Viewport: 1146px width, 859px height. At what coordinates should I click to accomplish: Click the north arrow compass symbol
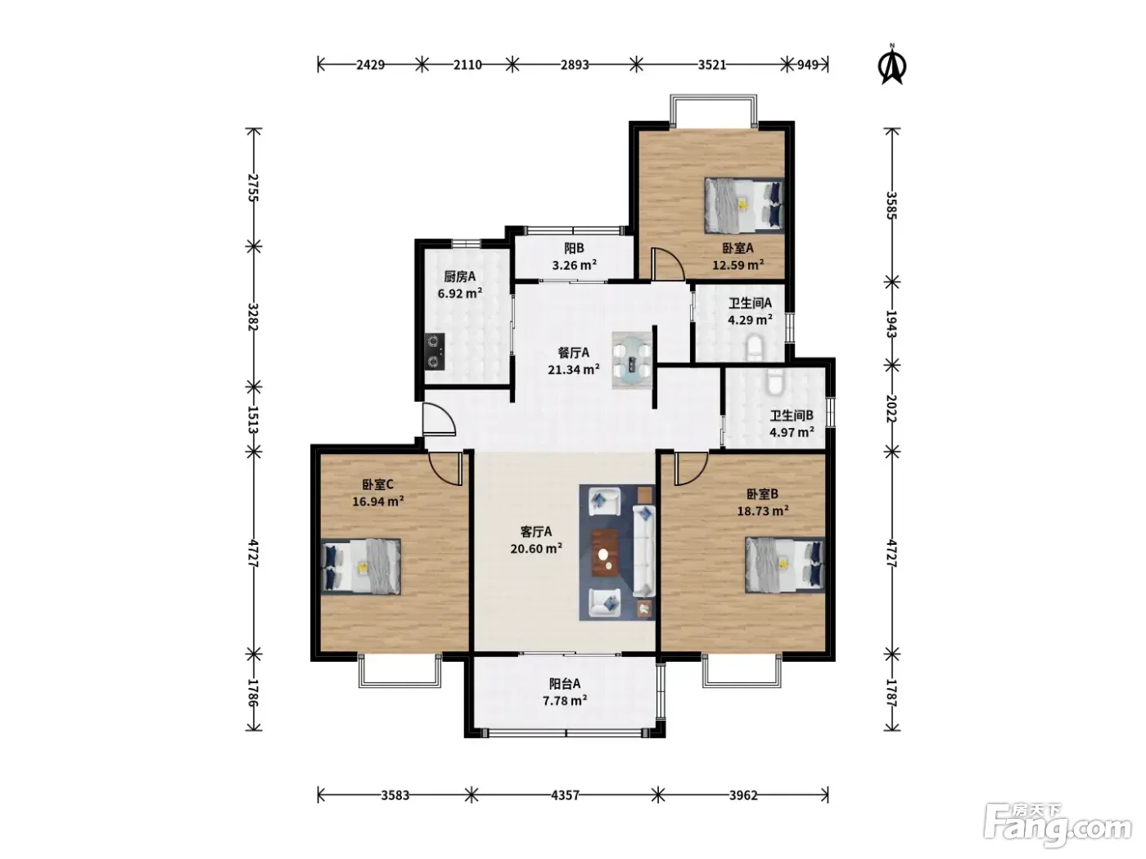coord(891,65)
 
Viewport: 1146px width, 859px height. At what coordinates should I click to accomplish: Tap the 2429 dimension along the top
coord(370,65)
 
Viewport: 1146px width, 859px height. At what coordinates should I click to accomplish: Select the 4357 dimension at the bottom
coord(565,795)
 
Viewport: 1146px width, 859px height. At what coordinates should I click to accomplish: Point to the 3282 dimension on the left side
coord(253,317)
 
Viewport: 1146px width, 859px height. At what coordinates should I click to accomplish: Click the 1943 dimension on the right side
coord(891,324)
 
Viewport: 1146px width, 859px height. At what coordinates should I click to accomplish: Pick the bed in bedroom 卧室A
coord(744,205)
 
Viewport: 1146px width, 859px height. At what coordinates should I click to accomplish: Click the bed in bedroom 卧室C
coord(361,566)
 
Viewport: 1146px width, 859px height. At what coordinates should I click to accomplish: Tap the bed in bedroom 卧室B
coord(785,564)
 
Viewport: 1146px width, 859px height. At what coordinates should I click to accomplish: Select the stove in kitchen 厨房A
coord(435,352)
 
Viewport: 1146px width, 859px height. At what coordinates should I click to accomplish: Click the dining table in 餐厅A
coord(632,360)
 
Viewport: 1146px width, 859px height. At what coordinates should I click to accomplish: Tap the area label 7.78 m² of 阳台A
coord(565,700)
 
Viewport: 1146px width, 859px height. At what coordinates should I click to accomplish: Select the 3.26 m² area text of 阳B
coord(575,265)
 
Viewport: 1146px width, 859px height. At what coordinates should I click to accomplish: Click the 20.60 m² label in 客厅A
coord(536,548)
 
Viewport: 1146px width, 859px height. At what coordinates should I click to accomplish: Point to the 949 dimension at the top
coord(808,65)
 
